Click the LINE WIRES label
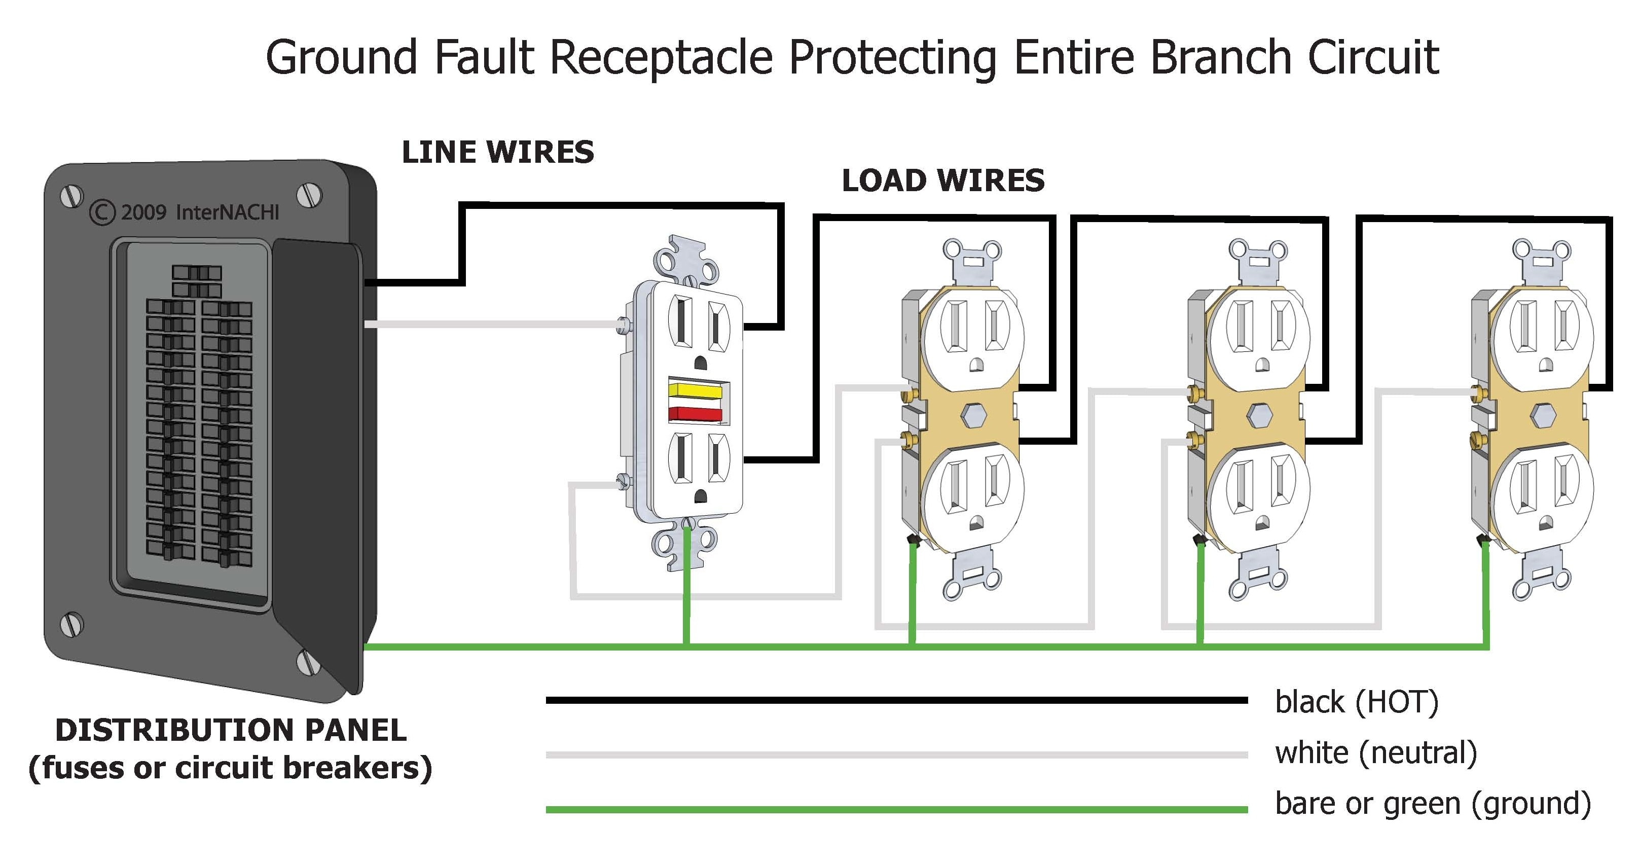pos(497,153)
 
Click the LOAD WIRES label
pos(942,181)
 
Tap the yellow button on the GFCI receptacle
pos(695,390)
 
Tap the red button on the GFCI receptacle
pos(695,414)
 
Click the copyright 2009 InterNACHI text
pos(185,212)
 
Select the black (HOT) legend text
pos(1356,702)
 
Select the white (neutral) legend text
pos(1375,752)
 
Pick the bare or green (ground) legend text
pos(1432,803)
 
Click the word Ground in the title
pos(341,57)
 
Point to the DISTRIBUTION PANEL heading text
pos(230,730)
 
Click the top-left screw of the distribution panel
pos(71,196)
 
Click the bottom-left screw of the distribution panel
pos(71,624)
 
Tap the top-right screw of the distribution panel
pos(309,195)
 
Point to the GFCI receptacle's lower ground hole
pos(700,497)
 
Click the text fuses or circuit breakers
pos(230,768)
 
